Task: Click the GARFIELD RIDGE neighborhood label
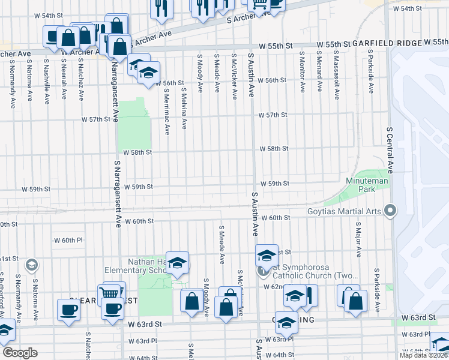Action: (x=387, y=43)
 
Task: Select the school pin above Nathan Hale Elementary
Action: (x=177, y=262)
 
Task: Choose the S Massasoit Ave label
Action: (x=337, y=76)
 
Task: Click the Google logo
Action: (x=20, y=353)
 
